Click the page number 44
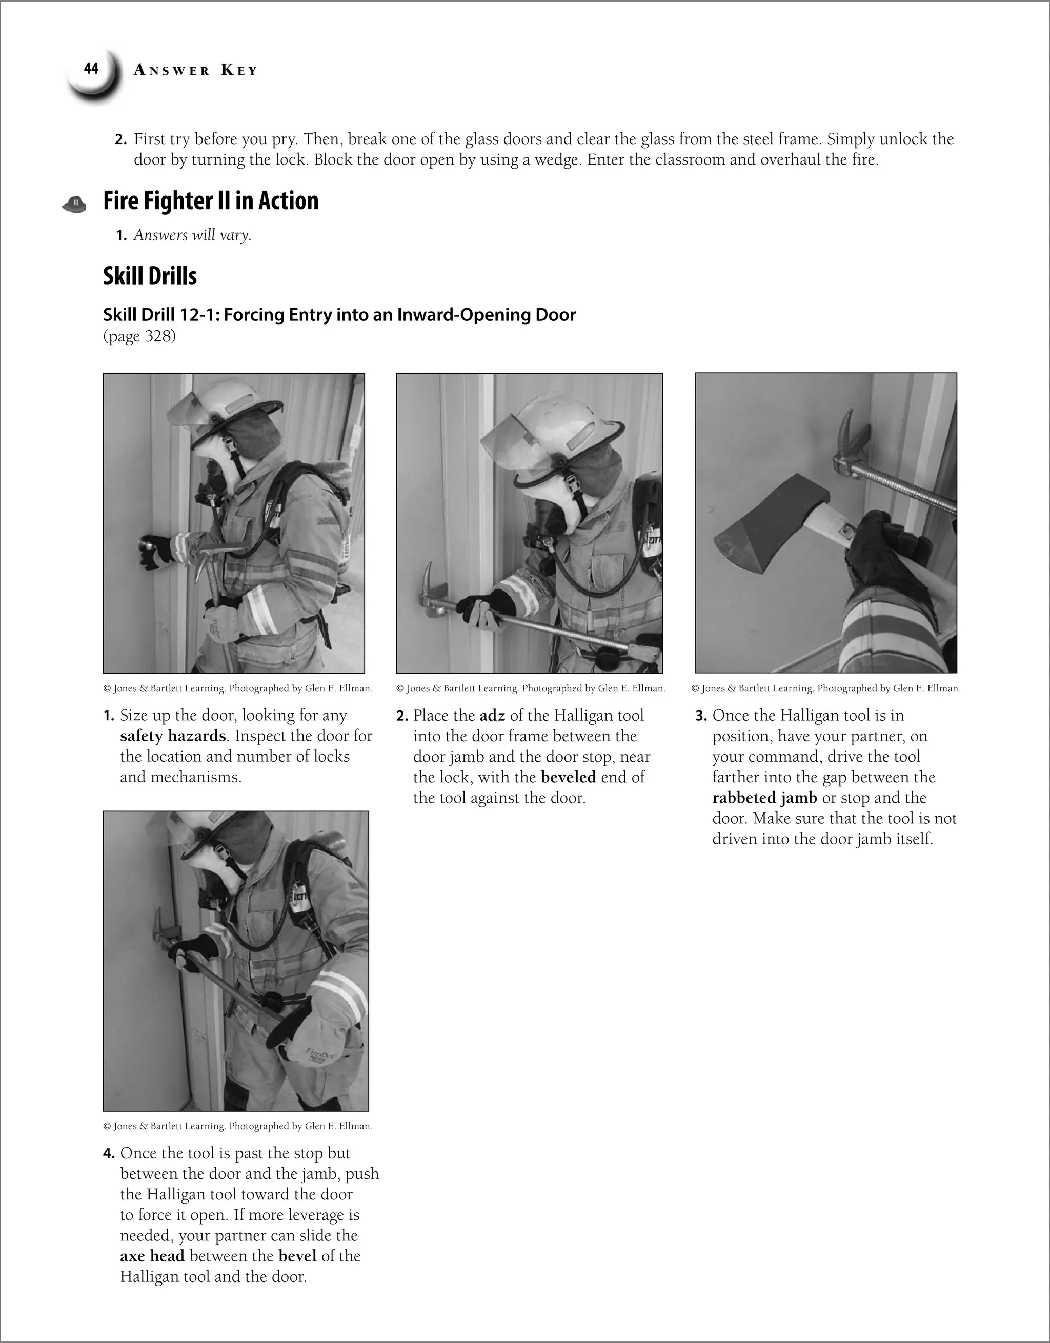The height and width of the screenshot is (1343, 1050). click(91, 69)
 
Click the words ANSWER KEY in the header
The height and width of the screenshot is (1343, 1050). click(195, 71)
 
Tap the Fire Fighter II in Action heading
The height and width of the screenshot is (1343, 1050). click(211, 201)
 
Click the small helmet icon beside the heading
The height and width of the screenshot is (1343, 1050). click(74, 204)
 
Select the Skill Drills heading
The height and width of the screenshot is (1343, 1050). click(150, 276)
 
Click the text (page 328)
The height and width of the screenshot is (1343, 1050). click(139, 336)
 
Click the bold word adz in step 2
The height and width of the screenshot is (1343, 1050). click(492, 716)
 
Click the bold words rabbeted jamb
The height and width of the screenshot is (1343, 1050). click(764, 798)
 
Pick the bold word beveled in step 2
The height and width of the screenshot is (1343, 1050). click(569, 777)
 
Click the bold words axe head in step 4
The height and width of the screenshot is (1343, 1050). click(152, 1256)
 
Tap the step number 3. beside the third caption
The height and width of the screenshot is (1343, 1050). click(701, 716)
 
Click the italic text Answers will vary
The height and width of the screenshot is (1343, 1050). click(193, 235)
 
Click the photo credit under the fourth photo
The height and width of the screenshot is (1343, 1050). click(237, 1126)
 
